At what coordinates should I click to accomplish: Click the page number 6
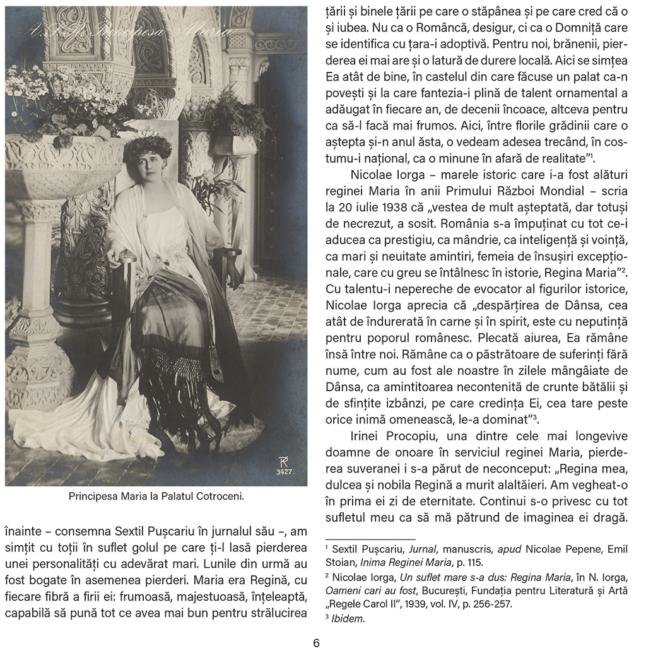(x=316, y=643)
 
